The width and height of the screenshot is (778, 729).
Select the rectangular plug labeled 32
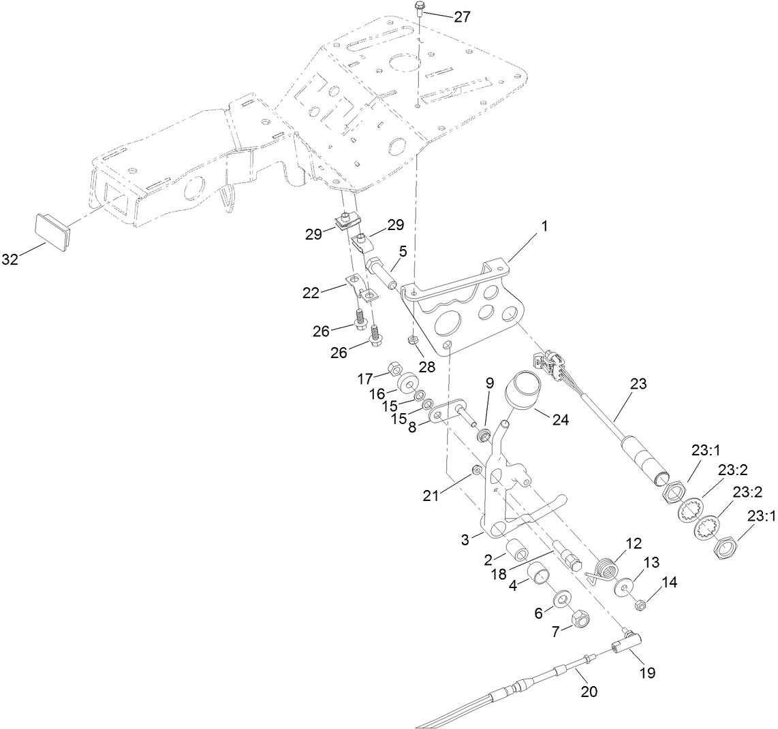(52, 231)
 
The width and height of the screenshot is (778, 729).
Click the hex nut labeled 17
(394, 370)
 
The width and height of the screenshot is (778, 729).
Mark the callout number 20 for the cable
(589, 692)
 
